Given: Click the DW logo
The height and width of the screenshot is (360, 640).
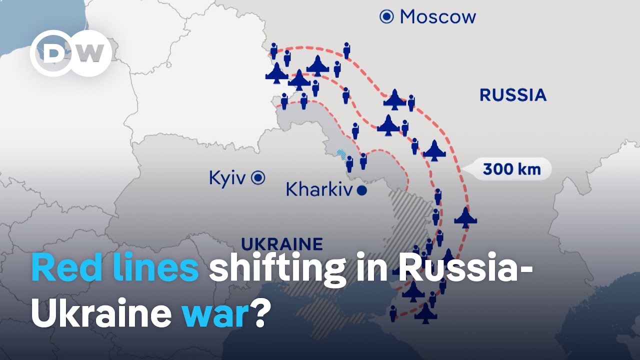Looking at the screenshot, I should tap(70, 53).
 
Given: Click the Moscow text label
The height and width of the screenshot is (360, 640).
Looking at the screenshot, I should tap(438, 17).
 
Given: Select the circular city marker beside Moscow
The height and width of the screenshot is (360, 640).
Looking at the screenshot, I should tap(386, 17).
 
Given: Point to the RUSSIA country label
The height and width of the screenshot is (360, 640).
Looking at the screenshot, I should tap(513, 95).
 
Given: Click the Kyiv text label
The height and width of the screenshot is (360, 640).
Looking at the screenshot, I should tap(227, 178).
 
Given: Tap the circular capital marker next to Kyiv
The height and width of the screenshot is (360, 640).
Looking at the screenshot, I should tap(258, 177).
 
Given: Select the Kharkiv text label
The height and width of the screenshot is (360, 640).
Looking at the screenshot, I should tap(319, 190).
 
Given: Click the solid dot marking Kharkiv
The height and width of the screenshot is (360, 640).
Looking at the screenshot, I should tap(362, 190).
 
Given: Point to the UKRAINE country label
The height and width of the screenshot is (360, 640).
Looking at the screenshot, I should tap(282, 244).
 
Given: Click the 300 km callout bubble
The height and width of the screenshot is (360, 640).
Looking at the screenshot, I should tap(511, 169).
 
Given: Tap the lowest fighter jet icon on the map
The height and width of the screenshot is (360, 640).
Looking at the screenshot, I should tap(425, 313).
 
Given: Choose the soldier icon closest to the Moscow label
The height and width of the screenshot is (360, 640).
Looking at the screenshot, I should tap(346, 50).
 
